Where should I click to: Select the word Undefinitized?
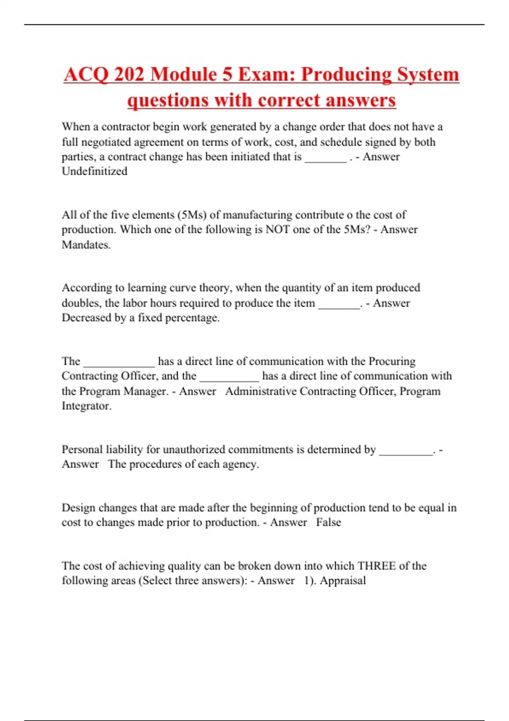point(95,171)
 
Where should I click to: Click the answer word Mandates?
point(86,245)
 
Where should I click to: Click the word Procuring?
point(392,361)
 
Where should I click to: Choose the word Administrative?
point(261,391)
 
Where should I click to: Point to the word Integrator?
point(87,406)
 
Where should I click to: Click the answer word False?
point(328,523)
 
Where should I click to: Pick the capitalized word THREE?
point(377,566)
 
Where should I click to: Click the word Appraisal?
point(343,581)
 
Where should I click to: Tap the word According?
point(87,288)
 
